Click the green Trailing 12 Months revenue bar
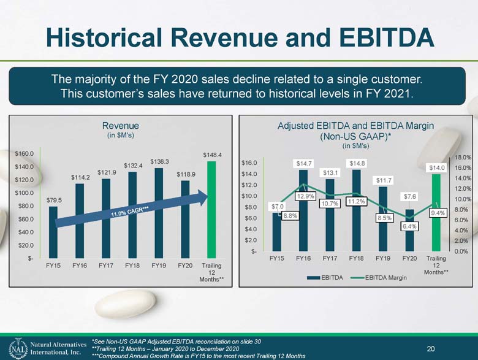[211, 210]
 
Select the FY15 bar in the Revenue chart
[53, 232]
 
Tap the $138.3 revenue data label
[159, 162]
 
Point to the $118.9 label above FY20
[186, 175]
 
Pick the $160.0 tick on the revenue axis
[25, 153]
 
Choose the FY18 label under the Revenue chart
[132, 266]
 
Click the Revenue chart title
[120, 126]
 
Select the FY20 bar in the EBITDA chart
[409, 231]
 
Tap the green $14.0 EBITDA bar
[436, 213]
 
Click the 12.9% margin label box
[305, 196]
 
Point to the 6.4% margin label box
[409, 226]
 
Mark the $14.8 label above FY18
[357, 164]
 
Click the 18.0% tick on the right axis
[463, 158]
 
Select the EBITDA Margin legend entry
[379, 278]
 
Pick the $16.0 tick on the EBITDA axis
[249, 163]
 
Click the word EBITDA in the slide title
[387, 38]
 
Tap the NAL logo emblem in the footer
[18, 349]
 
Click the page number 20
[431, 349]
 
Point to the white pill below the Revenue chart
[125, 304]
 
